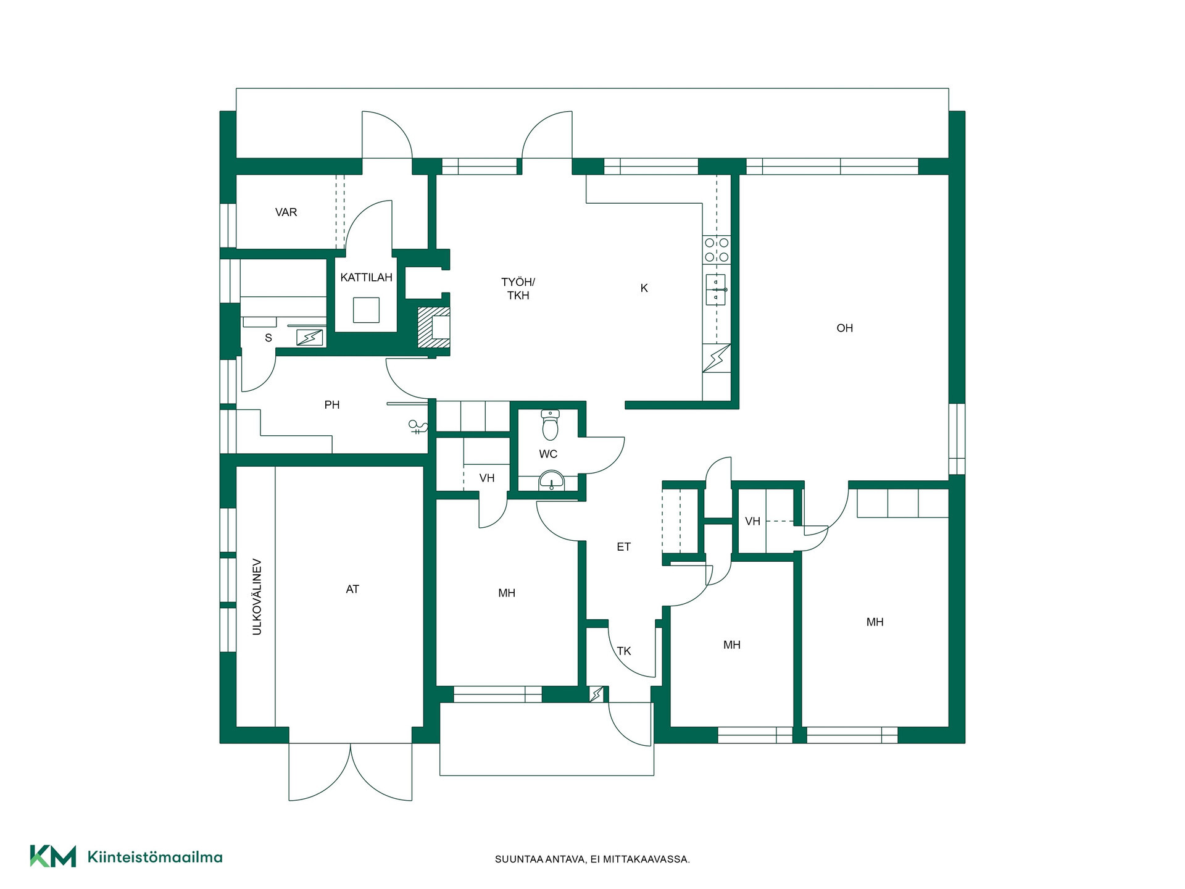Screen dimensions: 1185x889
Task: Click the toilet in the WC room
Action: [550, 424]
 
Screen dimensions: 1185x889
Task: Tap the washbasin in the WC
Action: [551, 480]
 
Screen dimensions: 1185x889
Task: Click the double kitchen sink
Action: [716, 290]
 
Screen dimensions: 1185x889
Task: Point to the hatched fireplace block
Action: [433, 327]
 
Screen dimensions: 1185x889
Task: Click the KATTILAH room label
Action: [366, 278]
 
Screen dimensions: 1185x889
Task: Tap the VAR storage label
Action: [286, 212]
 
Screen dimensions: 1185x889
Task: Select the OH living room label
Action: [844, 328]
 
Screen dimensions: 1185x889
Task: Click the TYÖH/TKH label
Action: [518, 289]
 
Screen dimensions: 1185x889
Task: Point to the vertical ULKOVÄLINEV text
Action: [257, 597]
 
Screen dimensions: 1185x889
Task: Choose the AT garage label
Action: [352, 590]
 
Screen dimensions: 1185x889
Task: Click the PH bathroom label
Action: [332, 405]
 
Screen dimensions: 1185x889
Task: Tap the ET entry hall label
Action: [623, 547]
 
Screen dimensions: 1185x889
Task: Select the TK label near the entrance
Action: [623, 651]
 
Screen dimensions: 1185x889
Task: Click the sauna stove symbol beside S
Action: [310, 337]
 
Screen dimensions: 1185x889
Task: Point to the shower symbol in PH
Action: [418, 427]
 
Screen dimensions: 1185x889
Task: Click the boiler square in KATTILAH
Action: [366, 310]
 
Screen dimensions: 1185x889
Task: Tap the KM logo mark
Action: [53, 856]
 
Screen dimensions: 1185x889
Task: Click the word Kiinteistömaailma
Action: [155, 857]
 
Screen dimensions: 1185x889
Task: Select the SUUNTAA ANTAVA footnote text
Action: [592, 859]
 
